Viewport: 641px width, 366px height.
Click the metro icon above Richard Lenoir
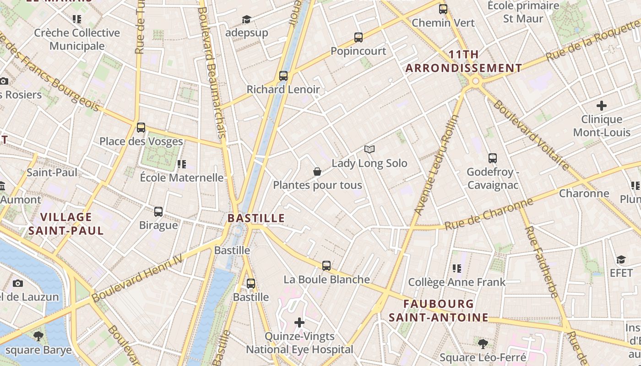pos(283,76)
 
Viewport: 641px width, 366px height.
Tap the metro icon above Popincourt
pos(359,38)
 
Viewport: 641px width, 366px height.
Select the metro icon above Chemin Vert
pos(443,9)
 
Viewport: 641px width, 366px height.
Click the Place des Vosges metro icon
pos(141,128)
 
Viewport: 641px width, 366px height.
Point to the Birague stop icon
pos(158,212)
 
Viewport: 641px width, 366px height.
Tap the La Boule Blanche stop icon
pos(326,266)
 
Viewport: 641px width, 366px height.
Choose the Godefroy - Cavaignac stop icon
pos(493,158)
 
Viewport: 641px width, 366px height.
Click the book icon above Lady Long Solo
pos(369,149)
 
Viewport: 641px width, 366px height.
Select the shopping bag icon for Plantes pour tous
pos(317,172)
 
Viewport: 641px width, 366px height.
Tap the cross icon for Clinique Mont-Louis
pos(602,106)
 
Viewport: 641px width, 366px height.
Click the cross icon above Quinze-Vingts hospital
pos(299,323)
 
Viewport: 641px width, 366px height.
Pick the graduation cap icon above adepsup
pos(246,19)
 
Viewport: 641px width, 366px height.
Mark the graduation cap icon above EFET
pos(621,260)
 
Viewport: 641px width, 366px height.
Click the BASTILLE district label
pos(256,218)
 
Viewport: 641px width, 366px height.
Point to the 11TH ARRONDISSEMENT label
pos(464,61)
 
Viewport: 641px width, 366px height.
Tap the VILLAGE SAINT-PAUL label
pos(66,223)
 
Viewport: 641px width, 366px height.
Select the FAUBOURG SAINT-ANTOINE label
pos(439,310)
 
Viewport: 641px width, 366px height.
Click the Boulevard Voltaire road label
pos(531,135)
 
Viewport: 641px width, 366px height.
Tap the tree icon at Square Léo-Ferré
pos(483,344)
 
